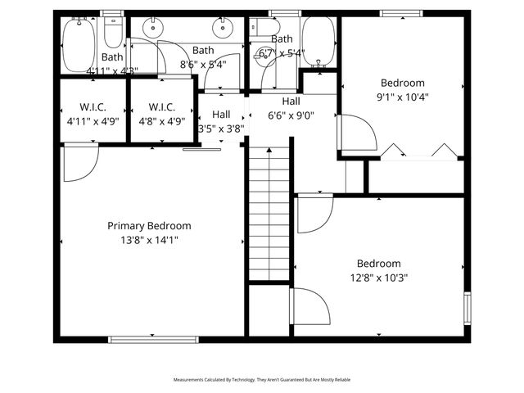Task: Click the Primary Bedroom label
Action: pyautogui.click(x=149, y=226)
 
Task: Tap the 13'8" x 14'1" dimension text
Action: pyautogui.click(x=149, y=240)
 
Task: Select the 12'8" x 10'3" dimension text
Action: pyautogui.click(x=378, y=278)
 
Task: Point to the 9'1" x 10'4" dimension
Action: pyautogui.click(x=402, y=97)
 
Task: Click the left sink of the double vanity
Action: pyautogui.click(x=153, y=29)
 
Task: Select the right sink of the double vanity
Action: pyautogui.click(x=222, y=29)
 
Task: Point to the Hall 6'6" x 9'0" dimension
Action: pyautogui.click(x=291, y=115)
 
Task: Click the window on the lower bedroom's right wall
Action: pyautogui.click(x=468, y=308)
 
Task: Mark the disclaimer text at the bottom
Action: pyautogui.click(x=261, y=380)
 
